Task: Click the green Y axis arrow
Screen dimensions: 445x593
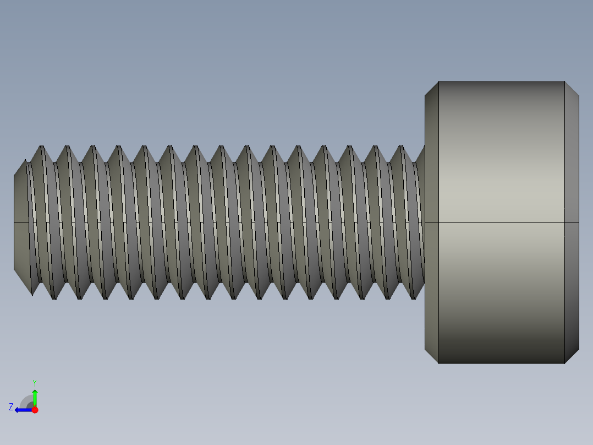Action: pos(35,396)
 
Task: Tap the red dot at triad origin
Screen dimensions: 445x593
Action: pos(35,410)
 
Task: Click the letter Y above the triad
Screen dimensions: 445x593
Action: pos(35,382)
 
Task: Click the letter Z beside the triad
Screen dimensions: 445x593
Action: pos(11,406)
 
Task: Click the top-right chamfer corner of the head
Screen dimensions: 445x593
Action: pos(572,89)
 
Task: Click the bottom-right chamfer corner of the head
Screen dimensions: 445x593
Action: pos(572,356)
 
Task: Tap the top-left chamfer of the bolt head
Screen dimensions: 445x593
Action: pos(432,89)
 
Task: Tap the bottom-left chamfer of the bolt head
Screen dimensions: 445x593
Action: pos(432,356)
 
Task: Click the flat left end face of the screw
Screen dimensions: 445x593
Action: pos(21,223)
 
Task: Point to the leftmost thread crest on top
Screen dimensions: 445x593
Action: pos(41,147)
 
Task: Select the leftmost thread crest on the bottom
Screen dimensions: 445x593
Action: pos(54,298)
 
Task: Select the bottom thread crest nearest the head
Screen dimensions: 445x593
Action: pos(414,298)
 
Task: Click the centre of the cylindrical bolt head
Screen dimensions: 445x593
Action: pos(502,223)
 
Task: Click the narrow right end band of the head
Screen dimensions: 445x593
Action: pos(572,223)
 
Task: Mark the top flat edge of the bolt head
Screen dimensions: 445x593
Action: pos(502,82)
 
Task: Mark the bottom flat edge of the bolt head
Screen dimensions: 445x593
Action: pos(502,363)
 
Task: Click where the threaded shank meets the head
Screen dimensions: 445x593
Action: pos(424,223)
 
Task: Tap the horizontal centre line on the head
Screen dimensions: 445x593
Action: pos(502,223)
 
